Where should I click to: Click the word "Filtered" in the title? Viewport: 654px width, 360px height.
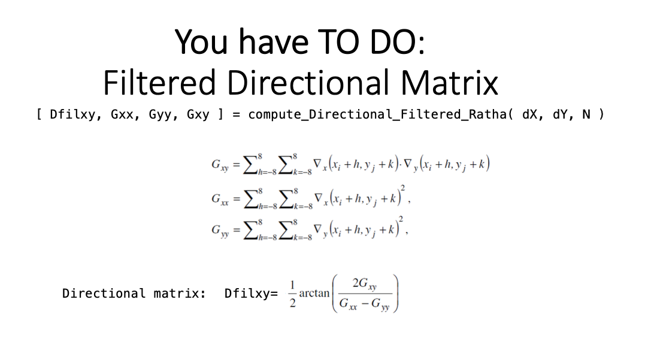click(159, 83)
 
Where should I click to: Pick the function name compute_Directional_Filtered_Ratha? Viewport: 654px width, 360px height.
click(377, 114)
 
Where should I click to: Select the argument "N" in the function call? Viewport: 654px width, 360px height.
click(586, 114)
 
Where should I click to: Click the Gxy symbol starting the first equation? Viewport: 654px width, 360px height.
click(220, 165)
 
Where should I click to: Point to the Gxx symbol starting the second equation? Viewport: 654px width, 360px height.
click(220, 199)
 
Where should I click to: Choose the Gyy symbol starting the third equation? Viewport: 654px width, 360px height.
click(220, 230)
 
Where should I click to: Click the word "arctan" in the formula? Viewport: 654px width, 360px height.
click(314, 294)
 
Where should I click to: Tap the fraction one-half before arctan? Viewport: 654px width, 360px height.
click(292, 294)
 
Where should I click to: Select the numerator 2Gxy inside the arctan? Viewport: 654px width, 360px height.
click(365, 284)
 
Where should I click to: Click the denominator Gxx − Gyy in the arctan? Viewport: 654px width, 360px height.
click(365, 304)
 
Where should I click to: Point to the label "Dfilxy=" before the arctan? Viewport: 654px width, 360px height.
click(251, 294)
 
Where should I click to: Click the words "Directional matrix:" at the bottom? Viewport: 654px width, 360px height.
click(134, 294)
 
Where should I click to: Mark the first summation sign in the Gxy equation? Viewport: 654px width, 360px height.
click(250, 164)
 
